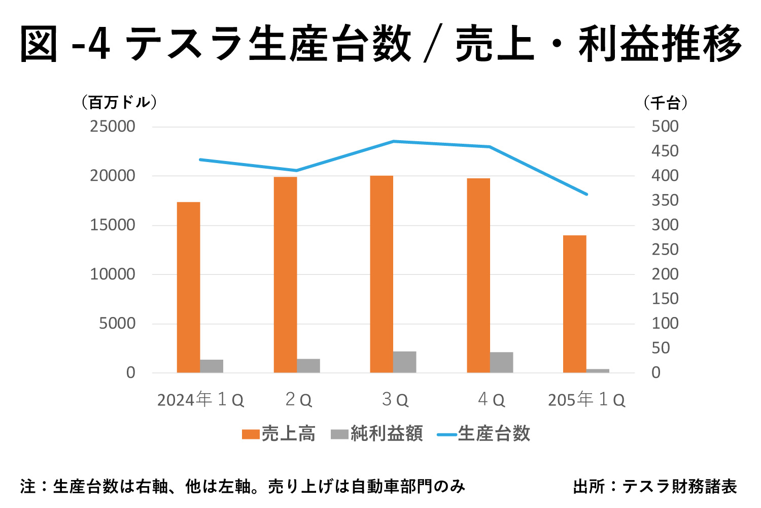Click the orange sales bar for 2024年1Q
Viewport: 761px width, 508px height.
(188, 287)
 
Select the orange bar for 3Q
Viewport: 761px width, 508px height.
(382, 274)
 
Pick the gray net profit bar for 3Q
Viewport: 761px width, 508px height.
(405, 362)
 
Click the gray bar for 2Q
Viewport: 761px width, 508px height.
(308, 366)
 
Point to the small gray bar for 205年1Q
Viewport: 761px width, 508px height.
(598, 371)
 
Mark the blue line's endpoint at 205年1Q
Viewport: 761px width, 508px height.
(586, 194)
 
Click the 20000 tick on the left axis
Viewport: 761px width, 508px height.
(113, 176)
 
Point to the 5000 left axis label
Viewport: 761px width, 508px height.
(117, 324)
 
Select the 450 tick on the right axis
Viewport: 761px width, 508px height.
(665, 151)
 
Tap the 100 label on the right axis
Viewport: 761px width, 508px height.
(665, 324)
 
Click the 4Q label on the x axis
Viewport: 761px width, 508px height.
(491, 400)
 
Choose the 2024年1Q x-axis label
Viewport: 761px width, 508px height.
(200, 400)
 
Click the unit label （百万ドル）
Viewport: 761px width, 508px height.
(119, 103)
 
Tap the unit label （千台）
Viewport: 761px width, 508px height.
(666, 103)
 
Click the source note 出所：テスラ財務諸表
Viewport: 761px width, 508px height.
(654, 487)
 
